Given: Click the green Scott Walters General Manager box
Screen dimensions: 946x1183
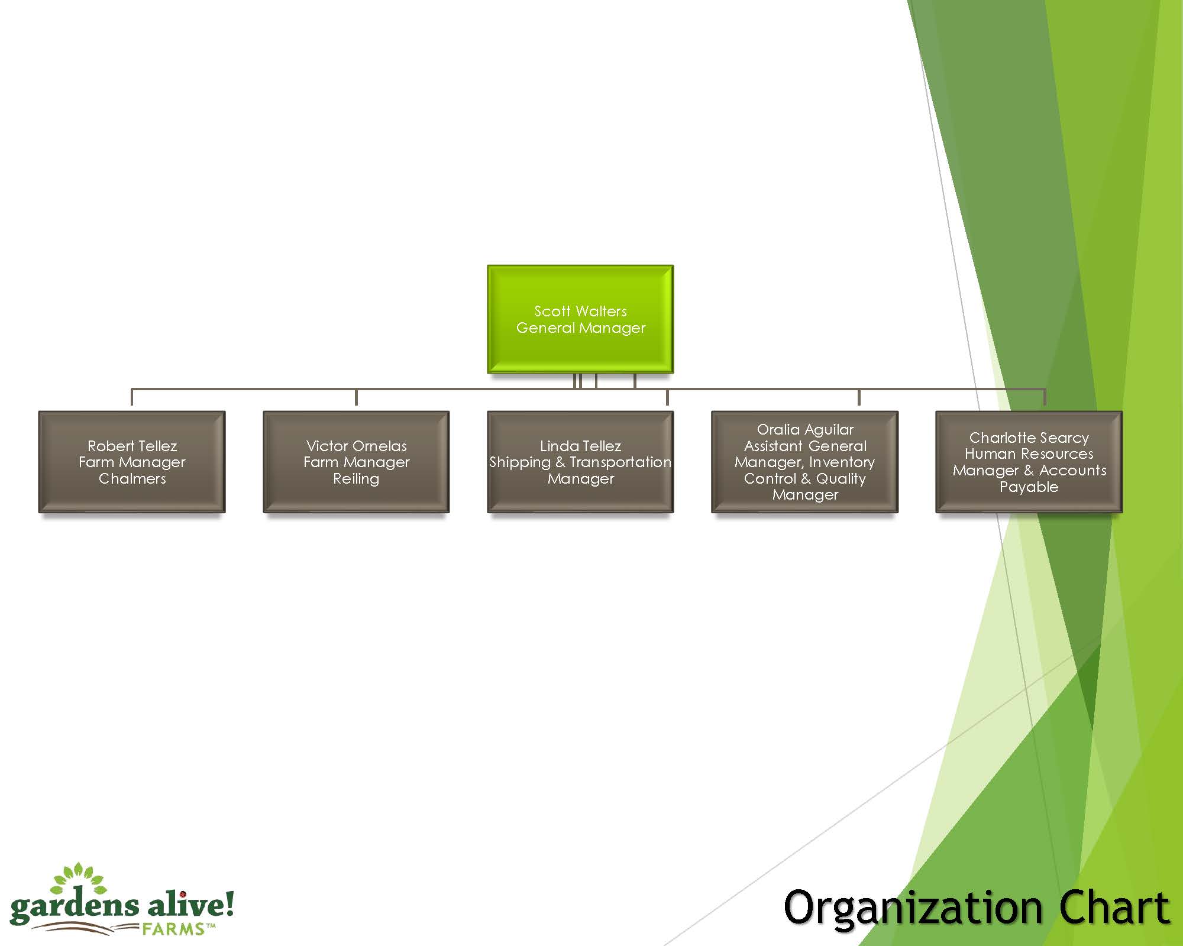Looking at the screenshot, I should click(580, 319).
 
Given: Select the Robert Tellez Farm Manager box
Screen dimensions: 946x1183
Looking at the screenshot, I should click(132, 462).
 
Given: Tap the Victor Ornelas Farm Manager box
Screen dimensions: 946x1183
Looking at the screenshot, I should click(356, 462).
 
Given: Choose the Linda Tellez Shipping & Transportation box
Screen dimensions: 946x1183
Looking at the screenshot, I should click(580, 462).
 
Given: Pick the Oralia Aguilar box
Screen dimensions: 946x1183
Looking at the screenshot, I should click(804, 462).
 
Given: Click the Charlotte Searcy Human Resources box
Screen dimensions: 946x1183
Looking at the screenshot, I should click(1029, 462).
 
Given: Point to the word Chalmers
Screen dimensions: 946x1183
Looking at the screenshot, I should click(132, 478).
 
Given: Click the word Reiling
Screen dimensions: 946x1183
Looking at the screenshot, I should click(356, 478).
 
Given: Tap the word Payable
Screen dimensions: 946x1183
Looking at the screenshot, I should click(1029, 487).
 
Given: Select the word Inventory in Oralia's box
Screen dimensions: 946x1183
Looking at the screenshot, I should click(842, 462).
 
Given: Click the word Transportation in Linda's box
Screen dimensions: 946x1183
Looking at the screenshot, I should click(620, 462).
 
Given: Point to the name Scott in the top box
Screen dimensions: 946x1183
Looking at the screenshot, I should click(552, 311).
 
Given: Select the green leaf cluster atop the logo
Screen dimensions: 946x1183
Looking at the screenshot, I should click(78, 878).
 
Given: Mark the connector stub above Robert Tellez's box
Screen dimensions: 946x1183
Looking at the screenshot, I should click(132, 397).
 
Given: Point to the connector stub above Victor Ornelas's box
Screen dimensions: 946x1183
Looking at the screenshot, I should click(356, 397).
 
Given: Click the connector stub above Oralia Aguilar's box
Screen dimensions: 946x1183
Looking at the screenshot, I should click(859, 397).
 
